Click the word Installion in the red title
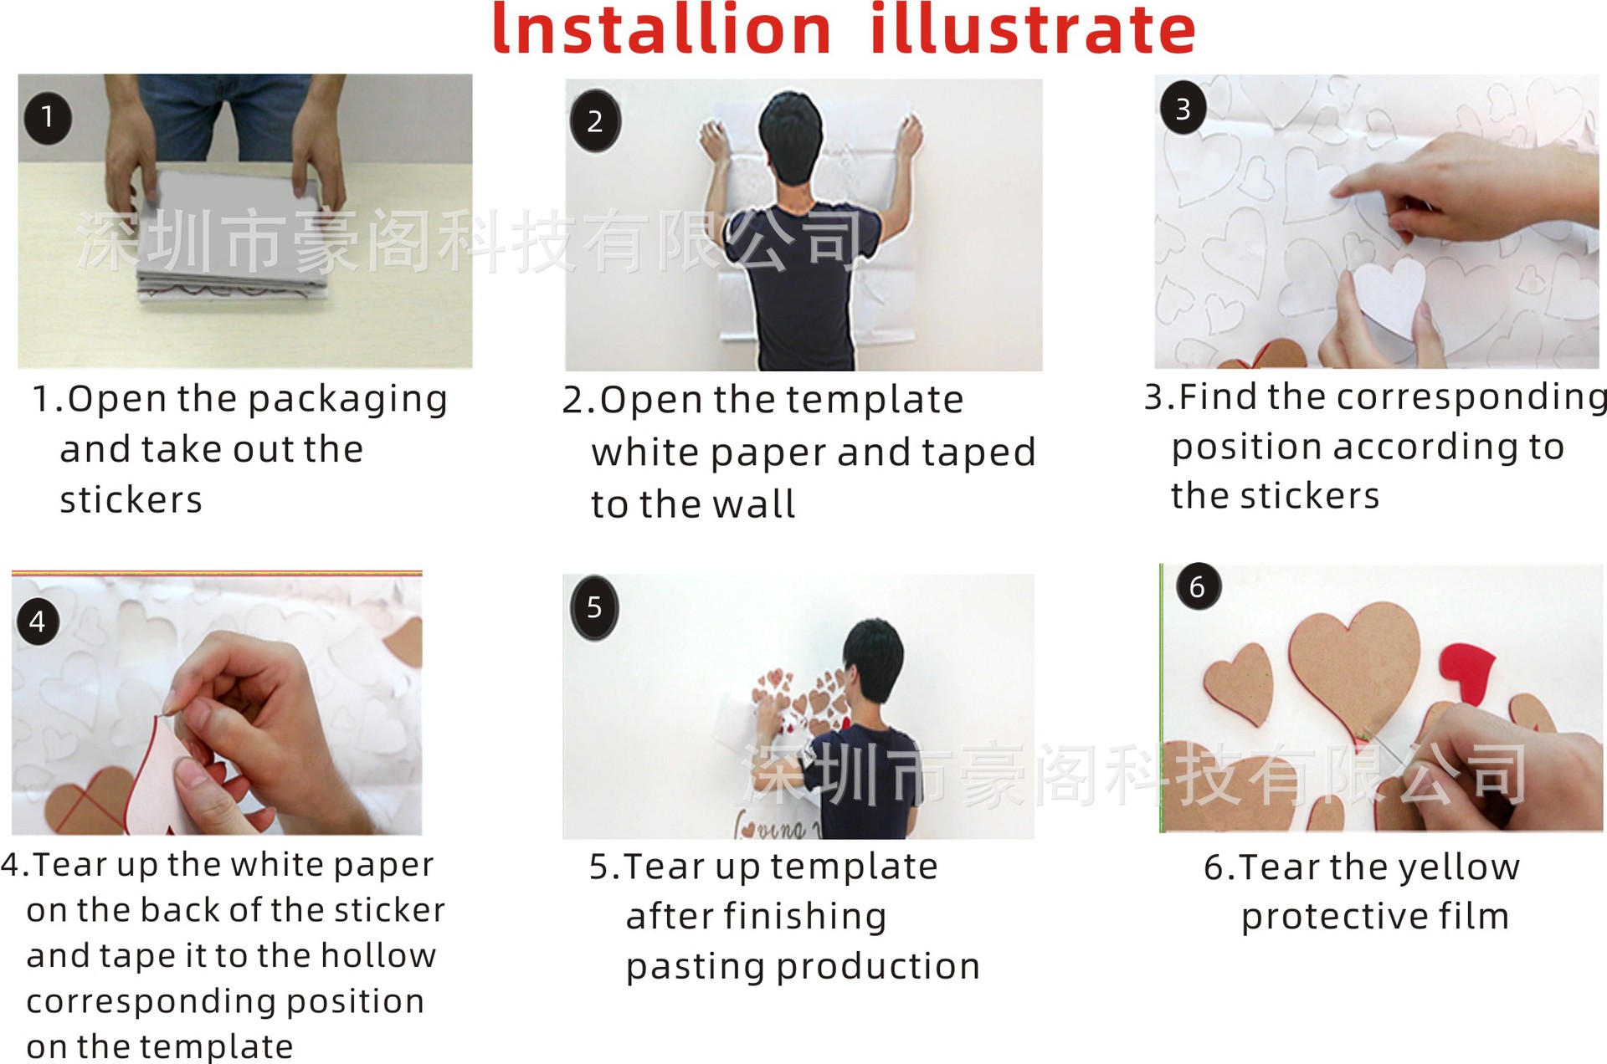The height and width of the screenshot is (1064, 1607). tap(661, 30)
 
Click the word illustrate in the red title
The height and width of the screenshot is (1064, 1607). tap(1033, 30)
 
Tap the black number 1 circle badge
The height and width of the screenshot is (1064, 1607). tap(48, 117)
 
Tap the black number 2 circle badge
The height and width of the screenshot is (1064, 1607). tap(595, 121)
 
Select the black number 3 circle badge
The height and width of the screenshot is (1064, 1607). tap(1183, 109)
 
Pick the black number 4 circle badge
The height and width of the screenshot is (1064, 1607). tap(38, 622)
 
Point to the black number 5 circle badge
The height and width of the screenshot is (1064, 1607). tap(594, 607)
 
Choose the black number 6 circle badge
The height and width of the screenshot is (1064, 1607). tap(1198, 586)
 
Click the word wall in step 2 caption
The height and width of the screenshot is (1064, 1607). tap(754, 504)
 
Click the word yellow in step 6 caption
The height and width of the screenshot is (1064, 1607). tap(1460, 868)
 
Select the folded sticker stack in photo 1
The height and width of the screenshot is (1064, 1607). tap(233, 234)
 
